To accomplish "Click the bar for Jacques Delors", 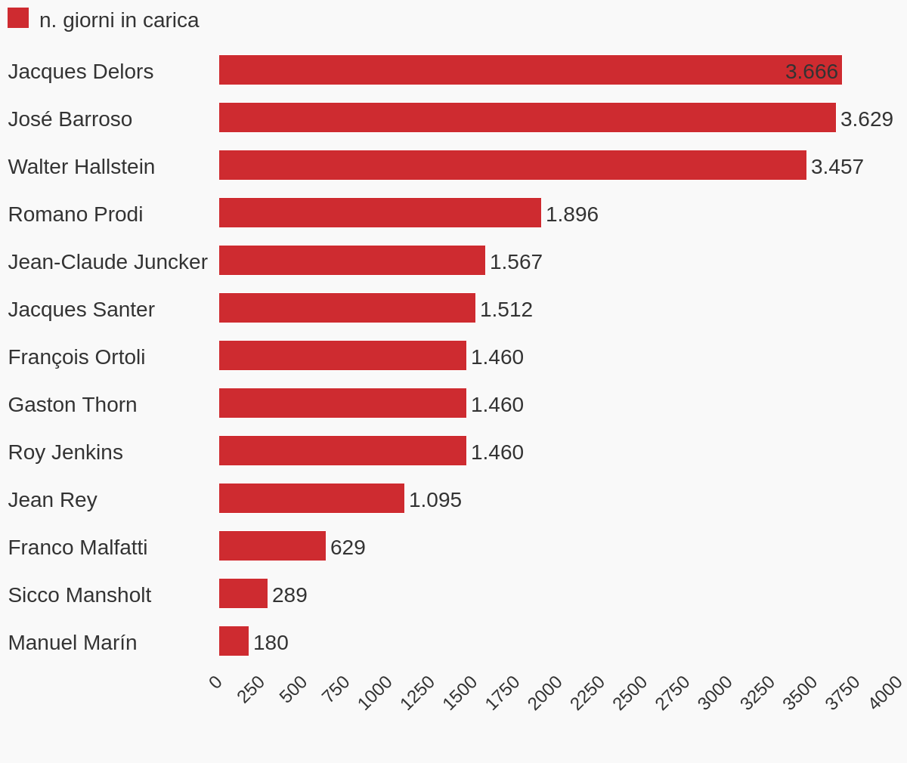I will tap(529, 70).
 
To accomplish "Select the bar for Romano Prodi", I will tap(379, 213).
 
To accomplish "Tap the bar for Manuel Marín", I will tap(234, 641).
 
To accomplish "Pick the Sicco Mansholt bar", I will tap(243, 594).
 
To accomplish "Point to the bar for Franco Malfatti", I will tap(272, 546).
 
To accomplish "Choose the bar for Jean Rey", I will tap(311, 499).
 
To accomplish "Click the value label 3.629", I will tap(866, 119).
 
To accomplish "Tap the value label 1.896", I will tap(571, 215).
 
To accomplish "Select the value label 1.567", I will tap(515, 262).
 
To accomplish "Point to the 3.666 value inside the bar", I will tap(811, 72).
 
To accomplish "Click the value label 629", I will tap(348, 548).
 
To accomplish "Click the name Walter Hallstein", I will tap(82, 167).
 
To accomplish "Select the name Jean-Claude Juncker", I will tap(107, 262).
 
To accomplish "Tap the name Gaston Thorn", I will tap(73, 405).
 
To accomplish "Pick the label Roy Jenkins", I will tap(65, 453).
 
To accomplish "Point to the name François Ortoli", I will tap(76, 357).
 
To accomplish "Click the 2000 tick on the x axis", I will tap(545, 693).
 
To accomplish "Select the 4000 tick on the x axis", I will tap(885, 693).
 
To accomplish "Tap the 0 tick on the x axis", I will tap(215, 682).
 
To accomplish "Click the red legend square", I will tap(18, 18).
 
